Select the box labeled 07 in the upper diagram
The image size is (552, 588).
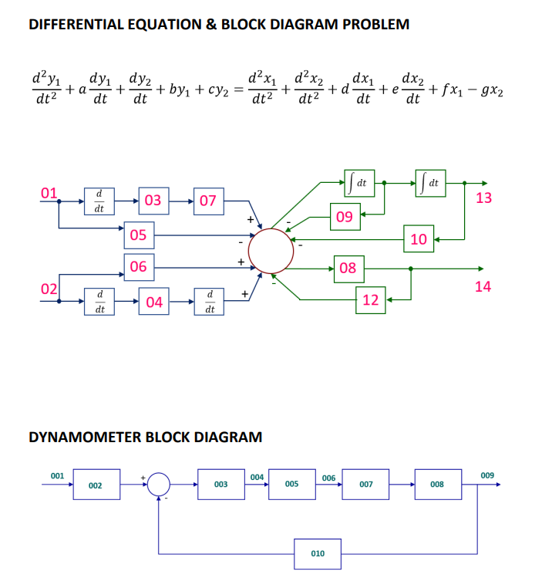pyautogui.click(x=207, y=201)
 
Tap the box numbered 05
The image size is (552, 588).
pyautogui.click(x=139, y=235)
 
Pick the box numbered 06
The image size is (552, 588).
pyautogui.click(x=139, y=267)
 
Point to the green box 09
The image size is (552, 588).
pyautogui.click(x=345, y=217)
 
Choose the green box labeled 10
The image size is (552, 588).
pyautogui.click(x=419, y=238)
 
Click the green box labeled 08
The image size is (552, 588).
pyautogui.click(x=348, y=268)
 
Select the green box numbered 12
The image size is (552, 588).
pyautogui.click(x=371, y=299)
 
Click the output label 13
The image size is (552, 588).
pyautogui.click(x=483, y=198)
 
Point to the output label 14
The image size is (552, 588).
pyautogui.click(x=483, y=286)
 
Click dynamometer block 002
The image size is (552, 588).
pyautogui.click(x=96, y=485)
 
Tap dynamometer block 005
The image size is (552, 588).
pyautogui.click(x=291, y=484)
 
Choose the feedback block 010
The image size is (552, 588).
pyautogui.click(x=317, y=553)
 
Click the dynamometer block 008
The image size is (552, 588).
pyautogui.click(x=437, y=484)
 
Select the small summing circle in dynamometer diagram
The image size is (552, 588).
pyautogui.click(x=160, y=484)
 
